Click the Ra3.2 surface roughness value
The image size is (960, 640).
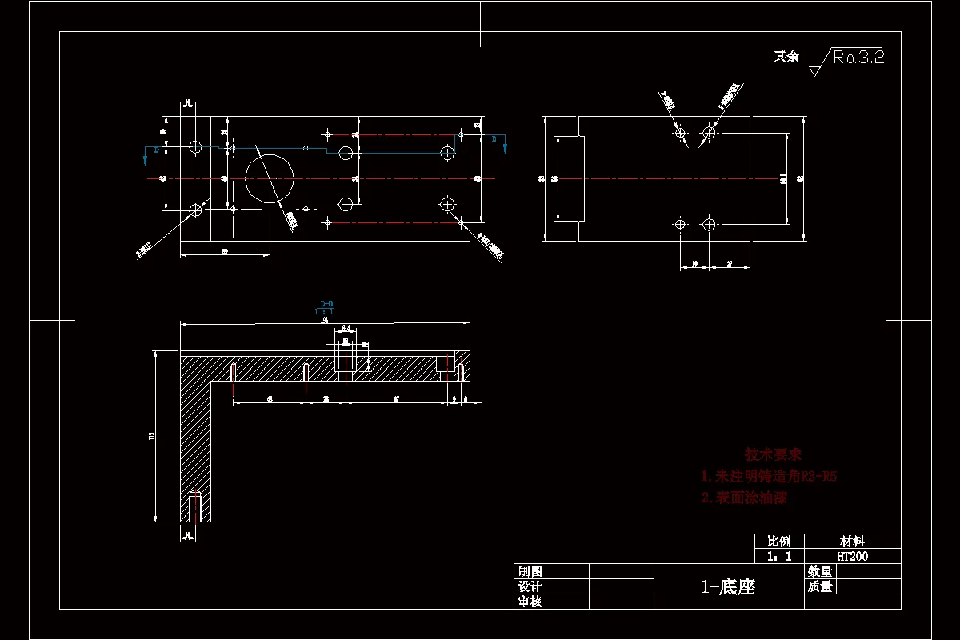(x=858, y=57)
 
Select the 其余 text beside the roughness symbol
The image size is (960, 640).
(x=786, y=56)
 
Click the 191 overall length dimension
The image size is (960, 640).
(x=325, y=320)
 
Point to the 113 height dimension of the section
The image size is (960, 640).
(x=152, y=436)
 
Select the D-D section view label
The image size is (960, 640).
(x=326, y=304)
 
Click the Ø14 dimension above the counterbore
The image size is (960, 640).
(x=346, y=329)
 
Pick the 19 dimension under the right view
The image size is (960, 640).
(x=694, y=263)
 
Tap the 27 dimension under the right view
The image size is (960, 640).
(x=730, y=263)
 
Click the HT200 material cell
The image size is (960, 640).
(x=852, y=556)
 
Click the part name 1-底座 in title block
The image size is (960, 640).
(x=728, y=587)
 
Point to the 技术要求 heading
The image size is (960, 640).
(x=773, y=454)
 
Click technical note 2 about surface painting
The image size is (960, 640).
(x=744, y=498)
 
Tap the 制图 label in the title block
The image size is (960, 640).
(x=530, y=571)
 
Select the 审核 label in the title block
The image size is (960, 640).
(x=530, y=601)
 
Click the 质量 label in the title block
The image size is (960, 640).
(x=820, y=586)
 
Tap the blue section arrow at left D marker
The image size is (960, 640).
(x=145, y=158)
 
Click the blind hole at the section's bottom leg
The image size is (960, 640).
(x=194, y=506)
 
